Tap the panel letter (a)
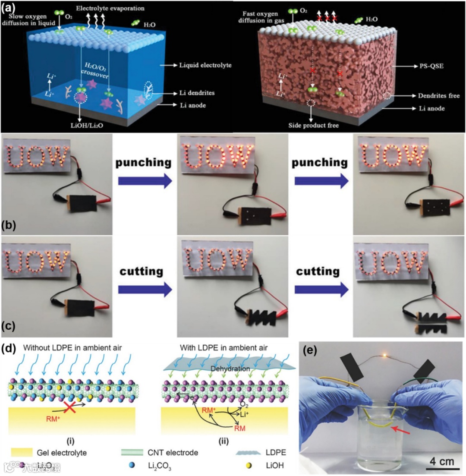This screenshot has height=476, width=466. pyautogui.click(x=11, y=7)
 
